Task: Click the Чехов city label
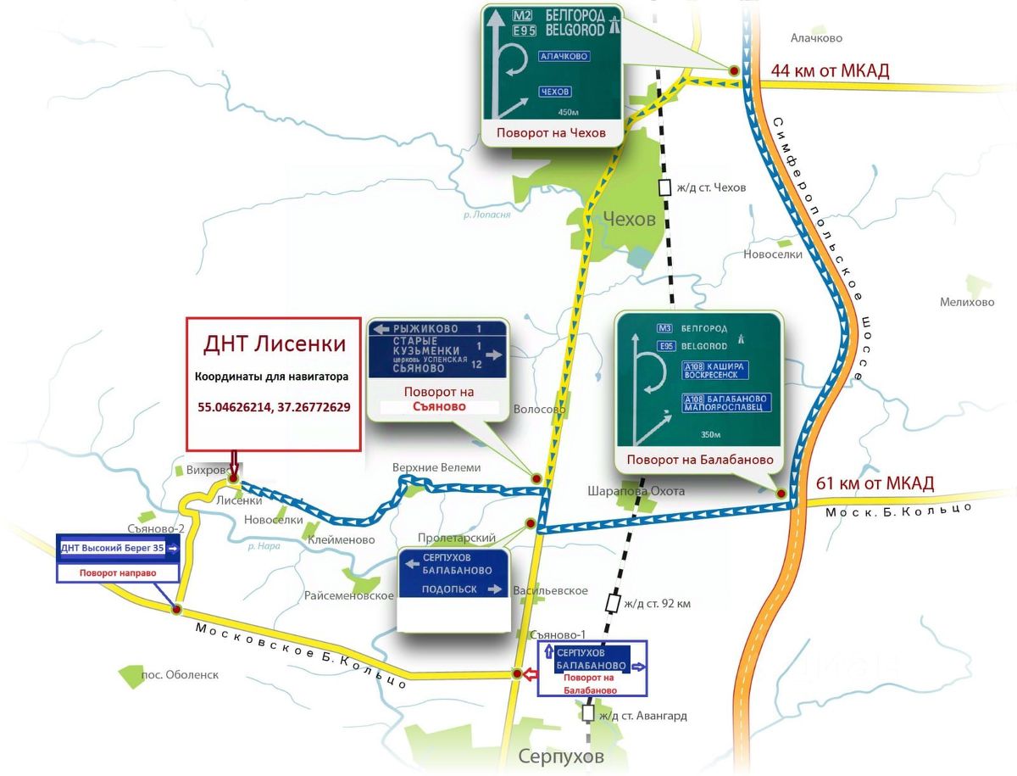(x=629, y=220)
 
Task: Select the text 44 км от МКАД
(x=830, y=70)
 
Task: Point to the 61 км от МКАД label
(x=875, y=484)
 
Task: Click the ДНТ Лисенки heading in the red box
(x=275, y=343)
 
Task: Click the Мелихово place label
(x=967, y=302)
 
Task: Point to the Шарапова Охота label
(x=636, y=491)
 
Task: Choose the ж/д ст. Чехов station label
(x=710, y=187)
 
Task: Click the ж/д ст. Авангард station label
(x=642, y=716)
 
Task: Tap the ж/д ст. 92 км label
(x=657, y=604)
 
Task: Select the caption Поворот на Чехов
(x=551, y=133)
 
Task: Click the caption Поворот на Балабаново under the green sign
(x=700, y=460)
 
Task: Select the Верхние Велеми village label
(x=436, y=467)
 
